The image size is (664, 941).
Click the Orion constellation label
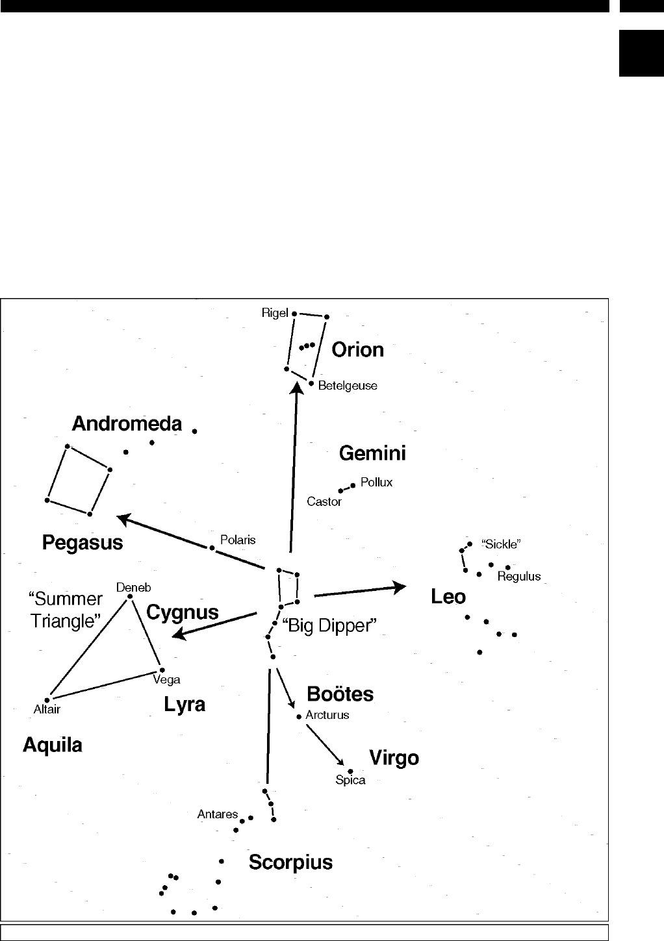tap(357, 350)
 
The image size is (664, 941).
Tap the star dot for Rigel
tap(294, 313)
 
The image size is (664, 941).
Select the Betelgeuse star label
tap(348, 386)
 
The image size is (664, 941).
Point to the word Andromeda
tap(127, 424)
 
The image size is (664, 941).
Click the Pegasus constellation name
tap(83, 542)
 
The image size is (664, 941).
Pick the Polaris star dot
tap(212, 548)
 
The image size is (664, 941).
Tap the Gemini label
tap(372, 453)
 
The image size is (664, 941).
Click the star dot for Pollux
tap(353, 485)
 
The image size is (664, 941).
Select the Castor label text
tap(324, 502)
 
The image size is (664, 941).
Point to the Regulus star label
tap(519, 577)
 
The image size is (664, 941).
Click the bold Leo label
tap(448, 596)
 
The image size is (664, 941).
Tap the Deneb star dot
tap(130, 596)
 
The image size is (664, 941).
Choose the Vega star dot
tap(162, 670)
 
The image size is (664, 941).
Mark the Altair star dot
tap(47, 699)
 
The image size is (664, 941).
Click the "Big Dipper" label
tap(329, 626)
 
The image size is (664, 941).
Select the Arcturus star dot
tap(299, 717)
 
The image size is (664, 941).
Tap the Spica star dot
tap(350, 771)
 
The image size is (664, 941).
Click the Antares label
tap(218, 814)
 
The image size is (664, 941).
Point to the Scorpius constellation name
tap(290, 862)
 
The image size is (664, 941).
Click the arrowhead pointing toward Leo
tap(400, 587)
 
